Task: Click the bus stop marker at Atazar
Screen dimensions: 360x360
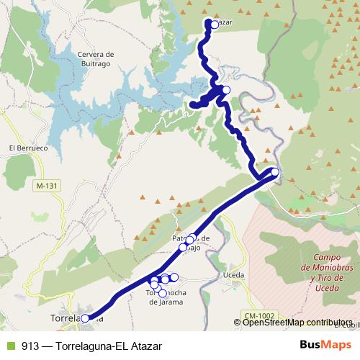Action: pos(214,24)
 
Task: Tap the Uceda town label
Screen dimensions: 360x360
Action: pos(235,275)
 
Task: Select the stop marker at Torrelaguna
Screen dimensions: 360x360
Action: pos(85,318)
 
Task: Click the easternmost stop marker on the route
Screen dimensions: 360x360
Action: pos(274,171)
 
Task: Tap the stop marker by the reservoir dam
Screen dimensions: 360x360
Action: pos(226,90)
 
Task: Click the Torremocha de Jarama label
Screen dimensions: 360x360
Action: pos(167,297)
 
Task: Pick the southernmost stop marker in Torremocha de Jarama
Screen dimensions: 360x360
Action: pos(163,293)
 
